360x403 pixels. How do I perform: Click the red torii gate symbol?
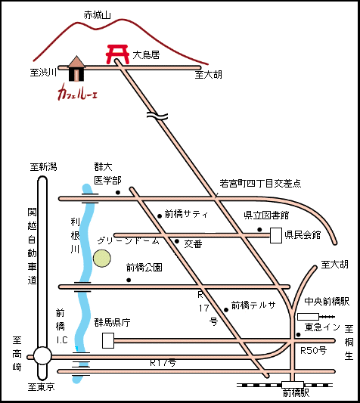(117, 54)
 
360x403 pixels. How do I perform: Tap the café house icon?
(76, 69)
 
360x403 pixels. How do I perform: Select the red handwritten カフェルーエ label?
(77, 92)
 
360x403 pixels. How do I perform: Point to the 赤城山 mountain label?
(97, 15)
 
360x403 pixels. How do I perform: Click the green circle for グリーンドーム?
(102, 259)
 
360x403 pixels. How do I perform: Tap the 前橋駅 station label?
(296, 392)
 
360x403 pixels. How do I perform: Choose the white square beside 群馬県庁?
(108, 340)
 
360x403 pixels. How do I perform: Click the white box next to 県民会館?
(276, 235)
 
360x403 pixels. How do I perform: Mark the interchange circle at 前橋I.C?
(42, 356)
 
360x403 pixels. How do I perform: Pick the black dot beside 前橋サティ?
(160, 216)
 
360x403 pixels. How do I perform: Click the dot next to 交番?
(177, 241)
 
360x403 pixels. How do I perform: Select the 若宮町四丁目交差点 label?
(260, 183)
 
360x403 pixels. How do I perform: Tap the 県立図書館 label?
(266, 215)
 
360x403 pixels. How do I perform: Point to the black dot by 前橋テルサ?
(226, 310)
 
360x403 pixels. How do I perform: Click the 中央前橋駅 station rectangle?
(308, 317)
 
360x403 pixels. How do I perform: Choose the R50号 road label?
(313, 350)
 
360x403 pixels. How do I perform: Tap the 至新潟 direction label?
(43, 167)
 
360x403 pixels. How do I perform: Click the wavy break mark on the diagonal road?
(157, 116)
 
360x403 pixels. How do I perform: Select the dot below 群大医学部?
(118, 192)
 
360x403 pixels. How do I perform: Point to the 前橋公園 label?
(144, 268)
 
